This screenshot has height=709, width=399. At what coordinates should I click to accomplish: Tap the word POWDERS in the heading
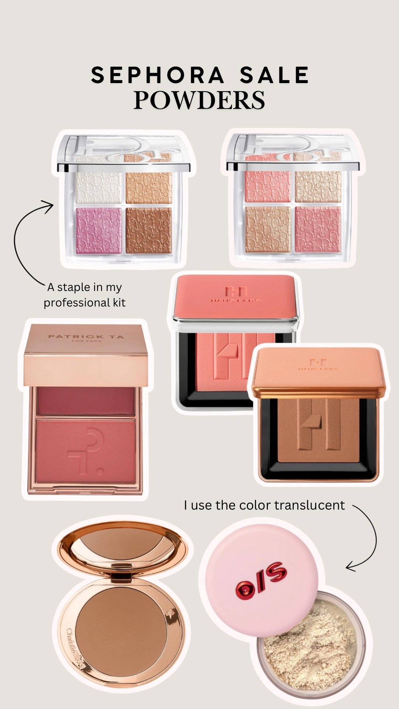pyautogui.click(x=199, y=100)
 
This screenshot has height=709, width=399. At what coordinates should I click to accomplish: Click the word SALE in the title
pyautogui.click(x=274, y=75)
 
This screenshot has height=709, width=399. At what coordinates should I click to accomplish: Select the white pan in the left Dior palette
pyautogui.click(x=98, y=188)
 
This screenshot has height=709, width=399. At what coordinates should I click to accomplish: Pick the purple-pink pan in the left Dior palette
pyautogui.click(x=98, y=231)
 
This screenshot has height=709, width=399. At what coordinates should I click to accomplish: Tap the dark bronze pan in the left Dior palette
pyautogui.click(x=149, y=231)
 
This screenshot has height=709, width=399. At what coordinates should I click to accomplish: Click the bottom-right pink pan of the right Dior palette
pyautogui.click(x=318, y=229)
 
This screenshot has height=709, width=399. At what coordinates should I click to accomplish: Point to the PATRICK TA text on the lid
pyautogui.click(x=86, y=336)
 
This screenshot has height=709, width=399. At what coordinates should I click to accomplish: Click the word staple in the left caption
pyautogui.click(x=74, y=287)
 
